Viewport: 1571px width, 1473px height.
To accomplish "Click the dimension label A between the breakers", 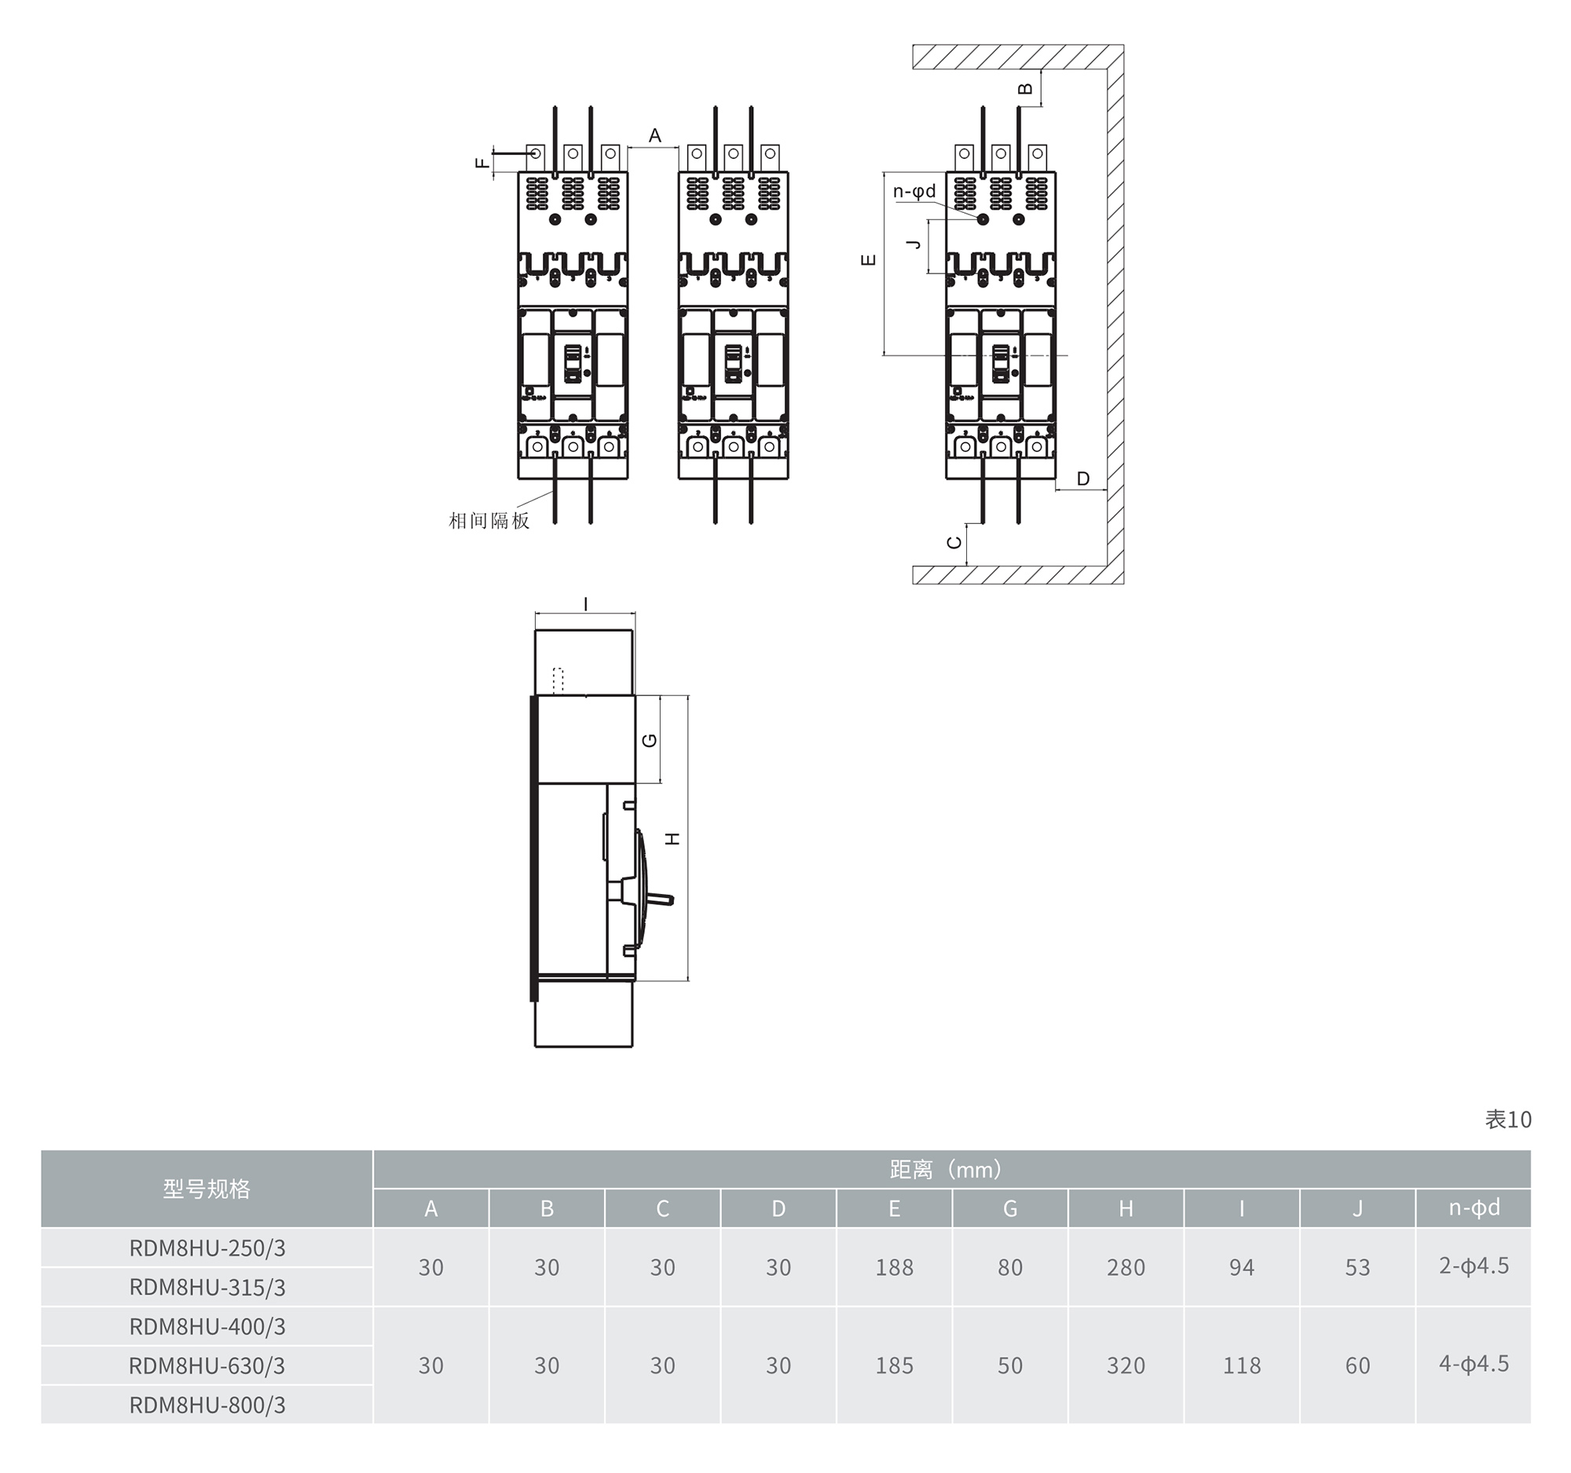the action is coord(654,136).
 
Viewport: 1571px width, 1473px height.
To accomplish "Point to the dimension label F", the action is coord(482,163).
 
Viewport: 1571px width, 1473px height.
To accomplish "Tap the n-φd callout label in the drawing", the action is coord(914,191).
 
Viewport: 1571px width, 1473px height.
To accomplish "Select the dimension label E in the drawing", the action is coord(869,259).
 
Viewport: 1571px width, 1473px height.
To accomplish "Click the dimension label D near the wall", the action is coord(1082,478).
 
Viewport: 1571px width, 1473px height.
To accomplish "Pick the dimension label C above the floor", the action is coord(954,543).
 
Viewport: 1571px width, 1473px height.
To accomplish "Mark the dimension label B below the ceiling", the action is coord(1026,89).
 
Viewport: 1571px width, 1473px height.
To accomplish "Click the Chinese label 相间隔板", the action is coord(489,521).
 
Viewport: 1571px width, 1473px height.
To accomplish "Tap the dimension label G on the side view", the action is coord(650,741).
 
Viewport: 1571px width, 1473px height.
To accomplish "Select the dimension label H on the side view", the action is coord(672,838).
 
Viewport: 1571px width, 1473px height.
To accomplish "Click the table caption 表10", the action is coord(1508,1119).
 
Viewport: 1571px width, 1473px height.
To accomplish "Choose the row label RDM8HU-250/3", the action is coord(207,1248).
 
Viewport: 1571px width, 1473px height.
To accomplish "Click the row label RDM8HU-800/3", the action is coord(207,1405).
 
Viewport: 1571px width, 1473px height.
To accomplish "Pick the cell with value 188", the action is coord(894,1267).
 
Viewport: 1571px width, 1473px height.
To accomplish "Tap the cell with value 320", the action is coord(1126,1365).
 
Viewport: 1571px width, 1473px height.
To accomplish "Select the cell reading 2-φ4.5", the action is coord(1474,1266).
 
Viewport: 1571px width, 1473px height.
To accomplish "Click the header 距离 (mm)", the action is coord(947,1170).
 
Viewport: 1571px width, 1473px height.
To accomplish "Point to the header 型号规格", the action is coord(207,1189).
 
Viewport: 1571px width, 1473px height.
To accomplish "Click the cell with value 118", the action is coord(1241,1365).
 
